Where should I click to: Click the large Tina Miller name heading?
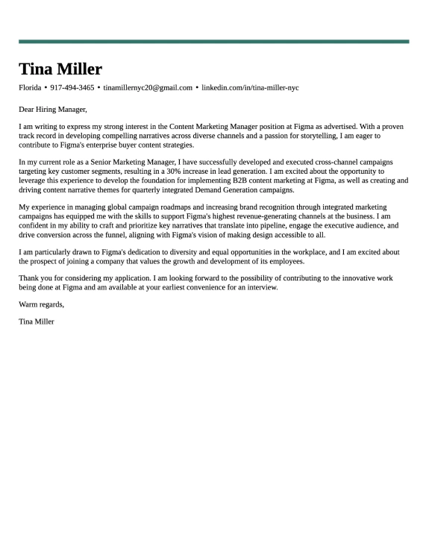[x=60, y=69]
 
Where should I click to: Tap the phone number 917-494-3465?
[x=72, y=88]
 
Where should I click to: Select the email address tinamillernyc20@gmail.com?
[x=148, y=88]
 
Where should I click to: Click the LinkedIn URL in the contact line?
[x=250, y=88]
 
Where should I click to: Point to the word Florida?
[x=30, y=88]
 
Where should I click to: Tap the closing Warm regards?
[x=42, y=304]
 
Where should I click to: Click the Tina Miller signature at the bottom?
[x=37, y=322]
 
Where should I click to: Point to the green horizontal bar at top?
[x=213, y=42]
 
